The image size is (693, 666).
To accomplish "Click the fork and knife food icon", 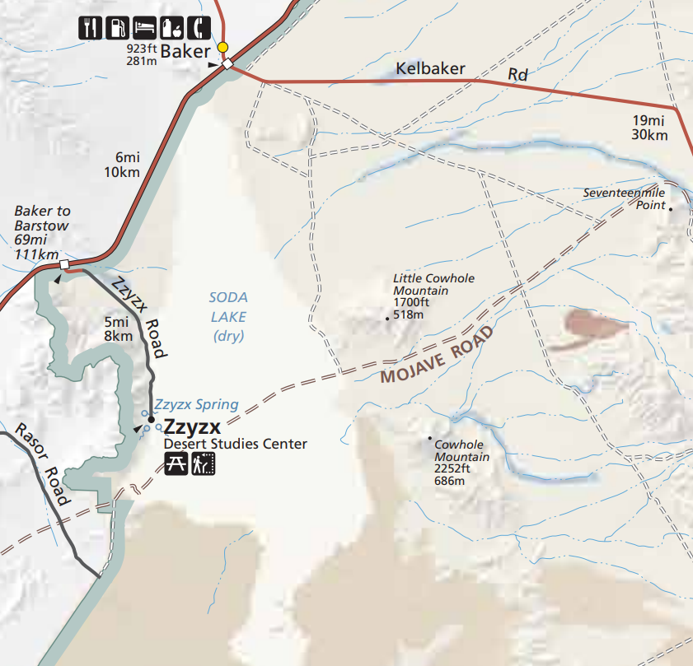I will click(x=90, y=27).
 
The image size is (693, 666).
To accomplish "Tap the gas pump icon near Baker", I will click(x=117, y=27).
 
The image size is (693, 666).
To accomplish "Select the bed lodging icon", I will click(x=144, y=27).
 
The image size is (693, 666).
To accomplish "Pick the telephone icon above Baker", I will click(x=199, y=27).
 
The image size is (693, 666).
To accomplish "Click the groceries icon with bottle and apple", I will click(x=171, y=27).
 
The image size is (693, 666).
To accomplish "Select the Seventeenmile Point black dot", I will click(x=671, y=209).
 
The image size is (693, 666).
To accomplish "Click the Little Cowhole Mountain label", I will click(x=433, y=284).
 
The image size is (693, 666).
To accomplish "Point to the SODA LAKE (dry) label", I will click(x=228, y=316).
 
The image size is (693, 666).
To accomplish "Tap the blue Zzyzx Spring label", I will click(x=196, y=404).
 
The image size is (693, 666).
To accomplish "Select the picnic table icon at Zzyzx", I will click(x=176, y=465).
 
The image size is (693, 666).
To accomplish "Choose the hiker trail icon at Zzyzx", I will click(x=203, y=465).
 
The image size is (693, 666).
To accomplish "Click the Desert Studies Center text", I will click(x=235, y=445).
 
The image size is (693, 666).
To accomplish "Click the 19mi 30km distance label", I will click(x=650, y=127).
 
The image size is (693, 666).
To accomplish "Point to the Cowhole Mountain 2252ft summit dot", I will click(x=430, y=438).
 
